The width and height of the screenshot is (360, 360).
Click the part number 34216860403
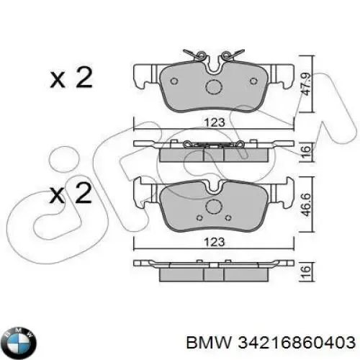(296, 342)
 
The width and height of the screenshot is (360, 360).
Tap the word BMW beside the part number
(209, 342)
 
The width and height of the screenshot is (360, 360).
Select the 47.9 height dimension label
(306, 84)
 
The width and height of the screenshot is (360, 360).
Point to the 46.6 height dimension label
(306, 204)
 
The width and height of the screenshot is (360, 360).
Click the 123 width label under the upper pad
(215, 122)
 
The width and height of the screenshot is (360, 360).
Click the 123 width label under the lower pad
(215, 242)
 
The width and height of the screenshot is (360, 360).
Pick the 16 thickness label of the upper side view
(306, 151)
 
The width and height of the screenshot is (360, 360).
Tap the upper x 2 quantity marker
(71, 77)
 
